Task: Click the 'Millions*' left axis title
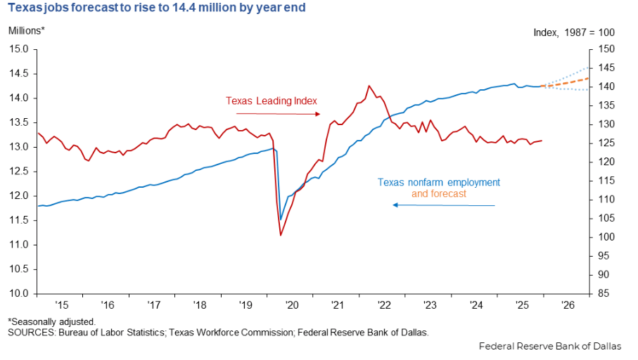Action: (27, 31)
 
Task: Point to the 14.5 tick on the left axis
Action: (19, 74)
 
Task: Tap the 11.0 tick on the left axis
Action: (19, 245)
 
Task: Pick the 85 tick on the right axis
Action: (604, 293)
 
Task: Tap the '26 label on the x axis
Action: (566, 306)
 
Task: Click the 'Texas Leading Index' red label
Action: (272, 101)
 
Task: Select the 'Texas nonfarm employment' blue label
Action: (439, 182)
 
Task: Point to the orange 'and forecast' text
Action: (439, 193)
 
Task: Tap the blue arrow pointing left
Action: (443, 205)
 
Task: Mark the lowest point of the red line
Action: (281, 235)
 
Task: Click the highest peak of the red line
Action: (369, 86)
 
